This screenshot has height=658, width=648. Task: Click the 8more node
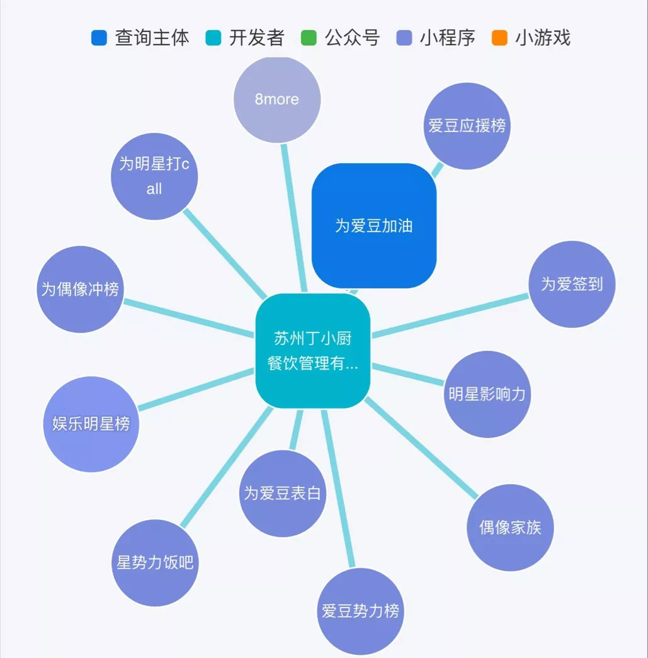[277, 99]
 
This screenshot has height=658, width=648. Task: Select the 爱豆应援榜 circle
[467, 126]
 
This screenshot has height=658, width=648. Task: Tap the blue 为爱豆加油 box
[374, 225]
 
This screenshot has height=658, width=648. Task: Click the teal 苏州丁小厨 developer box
[312, 351]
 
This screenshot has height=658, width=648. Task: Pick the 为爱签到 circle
[571, 284]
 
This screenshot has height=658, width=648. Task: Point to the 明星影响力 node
[487, 394]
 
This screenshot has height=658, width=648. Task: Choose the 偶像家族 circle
[510, 527]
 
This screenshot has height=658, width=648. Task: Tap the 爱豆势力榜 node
[360, 611]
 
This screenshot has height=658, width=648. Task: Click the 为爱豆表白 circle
[283, 493]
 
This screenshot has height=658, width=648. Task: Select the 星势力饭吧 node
[155, 562]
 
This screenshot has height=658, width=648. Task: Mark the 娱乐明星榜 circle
[91, 424]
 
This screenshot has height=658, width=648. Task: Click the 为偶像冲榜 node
[80, 289]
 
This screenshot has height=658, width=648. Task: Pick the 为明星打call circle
[154, 176]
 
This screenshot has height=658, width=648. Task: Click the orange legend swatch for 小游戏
[500, 38]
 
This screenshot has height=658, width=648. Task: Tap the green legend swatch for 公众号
[309, 38]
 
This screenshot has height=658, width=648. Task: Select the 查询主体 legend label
[152, 38]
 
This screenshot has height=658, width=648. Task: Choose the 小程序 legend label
[447, 38]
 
